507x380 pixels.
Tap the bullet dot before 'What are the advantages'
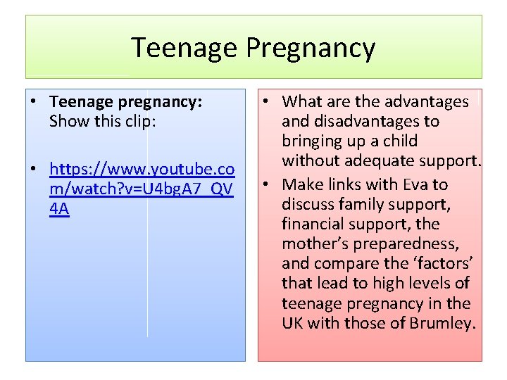coord(268,102)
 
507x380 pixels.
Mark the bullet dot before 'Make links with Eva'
coord(268,184)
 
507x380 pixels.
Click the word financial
coord(312,224)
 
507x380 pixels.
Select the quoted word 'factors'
coord(443,264)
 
